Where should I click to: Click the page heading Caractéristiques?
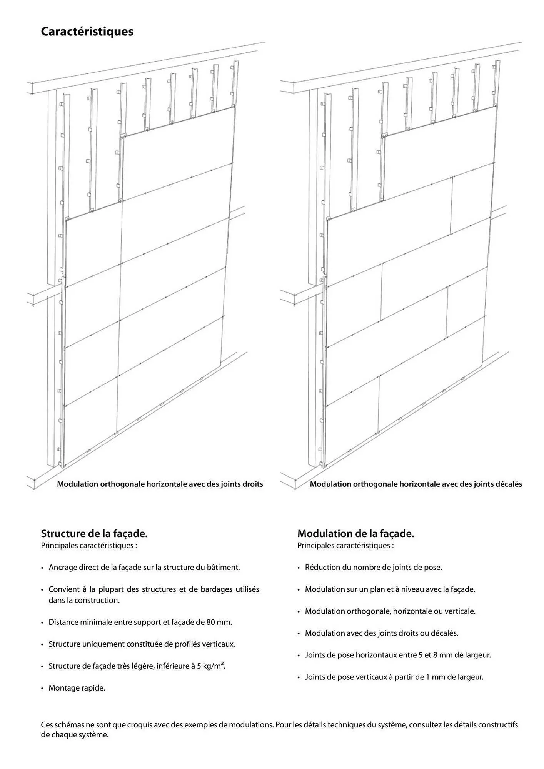[x=87, y=32]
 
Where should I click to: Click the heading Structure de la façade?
[x=94, y=533]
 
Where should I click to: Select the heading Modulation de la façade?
[x=355, y=533]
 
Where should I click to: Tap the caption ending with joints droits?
[x=160, y=484]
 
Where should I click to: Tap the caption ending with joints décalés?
[x=416, y=484]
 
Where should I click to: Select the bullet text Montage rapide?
[x=77, y=688]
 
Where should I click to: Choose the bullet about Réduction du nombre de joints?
[x=373, y=568]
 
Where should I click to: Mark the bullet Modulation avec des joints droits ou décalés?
[x=381, y=633]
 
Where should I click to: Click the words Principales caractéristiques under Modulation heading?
[x=345, y=546]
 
